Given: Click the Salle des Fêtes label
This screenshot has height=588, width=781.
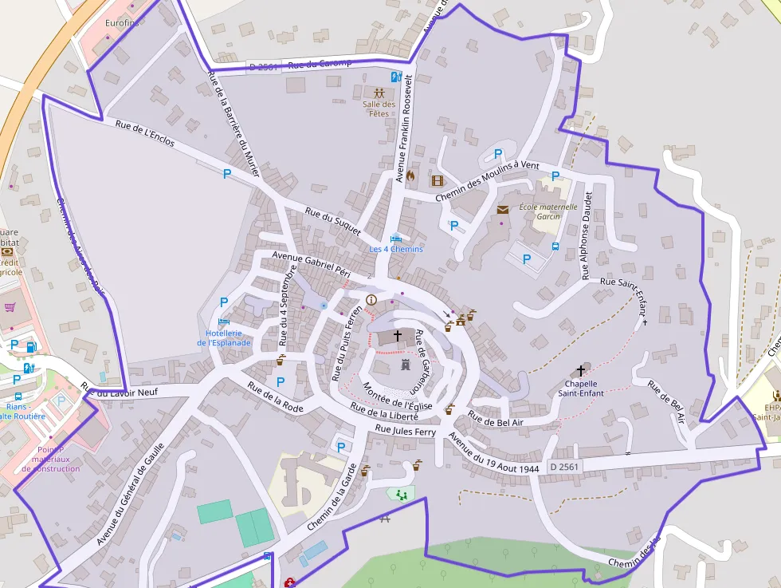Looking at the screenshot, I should pyautogui.click(x=379, y=109).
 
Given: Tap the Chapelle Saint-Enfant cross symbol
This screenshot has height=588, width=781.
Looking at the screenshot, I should pyautogui.click(x=580, y=371).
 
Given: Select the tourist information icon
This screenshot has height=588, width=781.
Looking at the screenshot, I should pyautogui.click(x=371, y=300).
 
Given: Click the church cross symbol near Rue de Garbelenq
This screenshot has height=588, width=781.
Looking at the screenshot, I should pyautogui.click(x=397, y=337).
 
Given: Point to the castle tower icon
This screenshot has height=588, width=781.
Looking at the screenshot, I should pyautogui.click(x=405, y=365).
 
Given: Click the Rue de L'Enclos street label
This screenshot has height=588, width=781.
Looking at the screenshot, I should pyautogui.click(x=144, y=133).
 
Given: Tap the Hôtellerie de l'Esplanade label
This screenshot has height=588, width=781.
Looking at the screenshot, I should pyautogui.click(x=224, y=337).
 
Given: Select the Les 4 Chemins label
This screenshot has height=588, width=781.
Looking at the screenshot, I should pyautogui.click(x=396, y=249).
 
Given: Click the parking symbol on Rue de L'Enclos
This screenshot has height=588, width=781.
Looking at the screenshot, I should pyautogui.click(x=227, y=173).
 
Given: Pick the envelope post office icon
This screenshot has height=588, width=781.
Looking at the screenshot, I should pyautogui.click(x=502, y=210).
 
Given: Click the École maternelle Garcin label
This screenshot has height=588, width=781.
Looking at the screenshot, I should pyautogui.click(x=547, y=211).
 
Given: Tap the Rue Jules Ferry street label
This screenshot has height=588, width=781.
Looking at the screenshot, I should pyautogui.click(x=406, y=431).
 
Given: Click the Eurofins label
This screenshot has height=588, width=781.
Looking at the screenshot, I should pyautogui.click(x=122, y=23).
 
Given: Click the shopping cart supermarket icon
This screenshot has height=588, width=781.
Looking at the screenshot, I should pyautogui.click(x=10, y=307).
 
